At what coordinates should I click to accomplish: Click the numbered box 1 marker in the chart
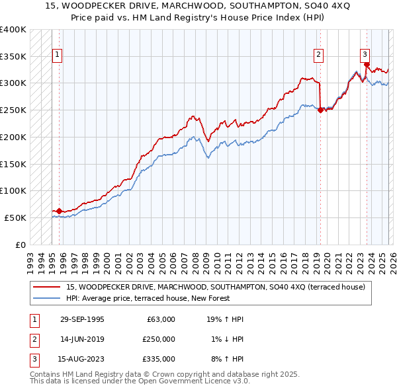tap(57, 55)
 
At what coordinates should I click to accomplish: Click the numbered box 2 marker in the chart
tap(319, 55)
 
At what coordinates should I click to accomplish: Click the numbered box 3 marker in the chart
tap(365, 55)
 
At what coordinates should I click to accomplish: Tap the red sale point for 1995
tap(59, 211)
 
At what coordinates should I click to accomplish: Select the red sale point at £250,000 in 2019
tap(320, 110)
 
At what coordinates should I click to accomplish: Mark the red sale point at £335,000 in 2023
tap(366, 65)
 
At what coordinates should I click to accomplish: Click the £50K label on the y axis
tap(15, 217)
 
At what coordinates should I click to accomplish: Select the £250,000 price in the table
tap(158, 339)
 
